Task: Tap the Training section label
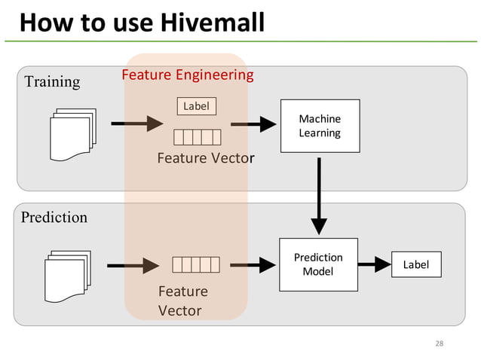[x=52, y=81]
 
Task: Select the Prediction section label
[x=54, y=218]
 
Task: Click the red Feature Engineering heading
[x=188, y=75]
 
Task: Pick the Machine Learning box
[x=320, y=126]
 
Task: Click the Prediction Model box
[x=317, y=264]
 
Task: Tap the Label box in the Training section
[x=196, y=106]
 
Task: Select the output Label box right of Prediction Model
[x=416, y=265]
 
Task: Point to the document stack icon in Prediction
[x=67, y=275]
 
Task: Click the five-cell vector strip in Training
[x=197, y=136]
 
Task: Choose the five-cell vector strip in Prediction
[x=195, y=264]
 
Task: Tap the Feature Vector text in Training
[x=205, y=158]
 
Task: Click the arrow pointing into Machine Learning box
[x=253, y=124]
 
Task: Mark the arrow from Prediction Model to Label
[x=375, y=265]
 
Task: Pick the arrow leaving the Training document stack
[x=136, y=123]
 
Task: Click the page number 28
[x=440, y=344]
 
